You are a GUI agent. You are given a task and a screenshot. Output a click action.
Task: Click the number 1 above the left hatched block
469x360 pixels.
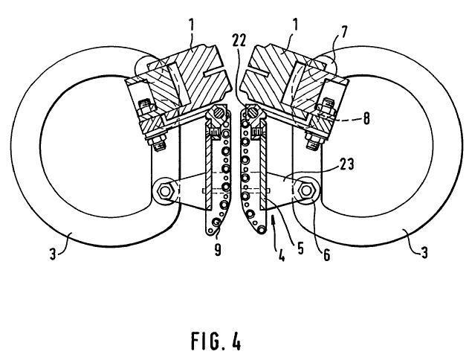tap(192, 24)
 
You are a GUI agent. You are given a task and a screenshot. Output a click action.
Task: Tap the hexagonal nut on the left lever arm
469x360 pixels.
tap(165, 191)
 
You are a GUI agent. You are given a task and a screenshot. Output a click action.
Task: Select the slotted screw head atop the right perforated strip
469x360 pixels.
tap(251, 115)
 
